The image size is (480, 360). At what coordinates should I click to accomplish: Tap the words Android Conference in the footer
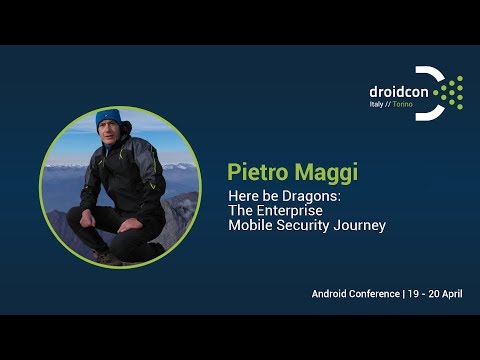(x=355, y=294)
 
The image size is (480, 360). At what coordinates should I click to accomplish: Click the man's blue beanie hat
(x=108, y=120)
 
